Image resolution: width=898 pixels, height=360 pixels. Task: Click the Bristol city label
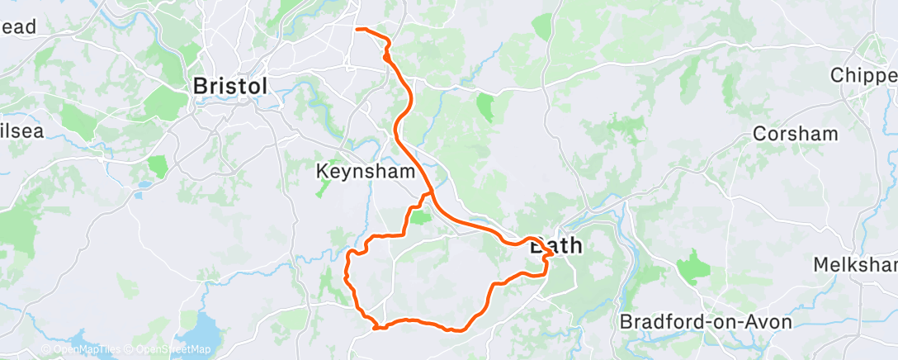click(x=229, y=86)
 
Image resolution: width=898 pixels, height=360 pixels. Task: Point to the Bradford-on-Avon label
click(x=706, y=321)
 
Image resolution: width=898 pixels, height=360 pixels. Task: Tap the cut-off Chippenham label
click(x=863, y=74)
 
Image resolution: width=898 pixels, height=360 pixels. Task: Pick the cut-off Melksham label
click(x=855, y=265)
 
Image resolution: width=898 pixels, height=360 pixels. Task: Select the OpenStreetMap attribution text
click(x=169, y=349)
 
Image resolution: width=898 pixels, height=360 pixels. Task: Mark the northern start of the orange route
click(x=357, y=30)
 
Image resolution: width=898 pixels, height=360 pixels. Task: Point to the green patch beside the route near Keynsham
click(x=420, y=217)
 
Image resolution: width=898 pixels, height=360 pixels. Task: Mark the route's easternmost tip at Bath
click(x=551, y=261)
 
